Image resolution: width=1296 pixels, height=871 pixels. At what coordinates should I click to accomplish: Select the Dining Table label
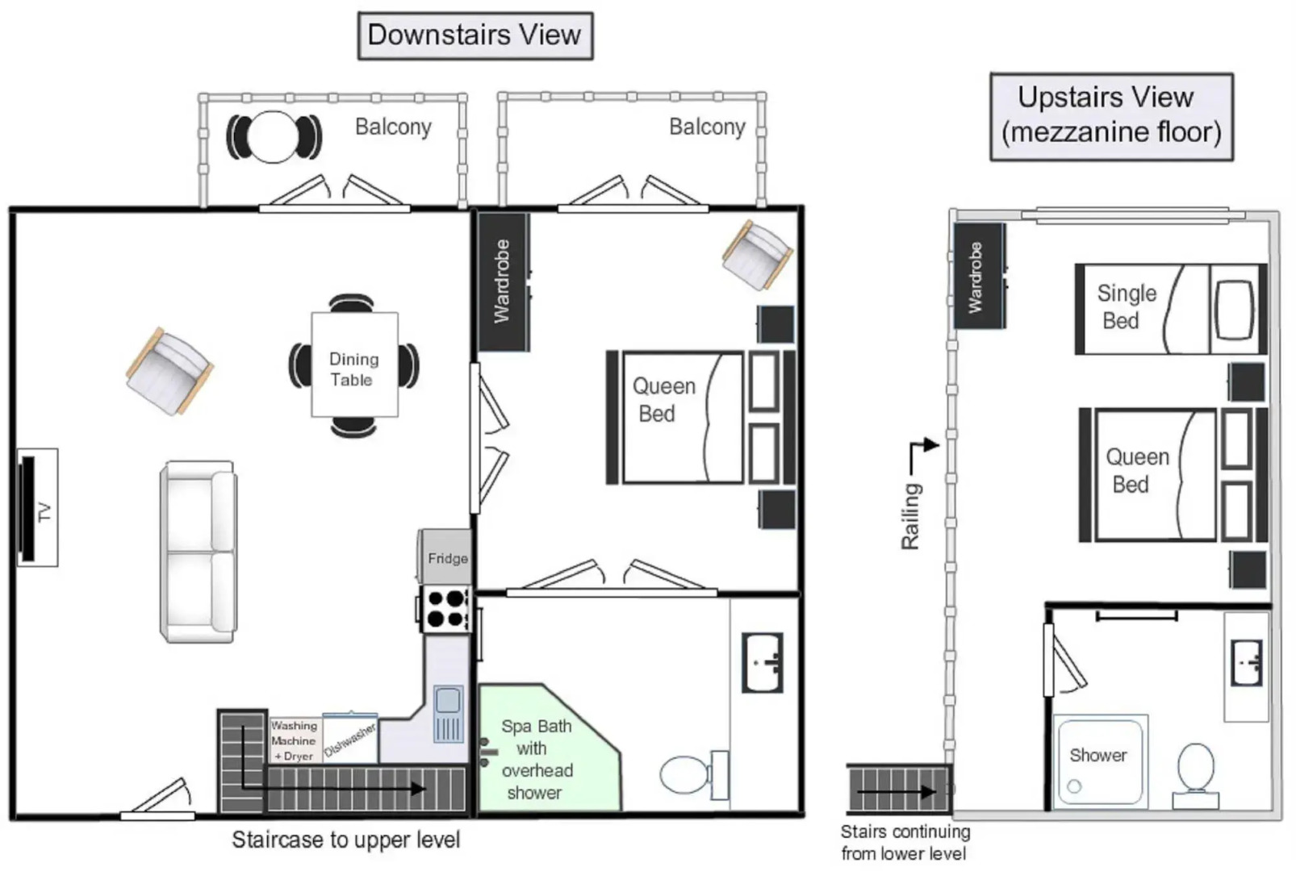(x=353, y=369)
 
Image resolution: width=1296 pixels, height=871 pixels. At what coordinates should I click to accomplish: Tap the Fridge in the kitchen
(x=445, y=557)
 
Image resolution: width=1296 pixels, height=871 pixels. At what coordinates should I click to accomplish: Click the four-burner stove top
(x=446, y=609)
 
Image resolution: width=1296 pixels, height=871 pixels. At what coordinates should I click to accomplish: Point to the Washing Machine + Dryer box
(x=295, y=740)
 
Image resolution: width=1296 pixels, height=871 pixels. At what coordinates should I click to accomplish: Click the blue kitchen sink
(x=449, y=715)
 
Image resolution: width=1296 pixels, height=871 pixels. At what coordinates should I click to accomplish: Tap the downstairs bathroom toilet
(x=694, y=775)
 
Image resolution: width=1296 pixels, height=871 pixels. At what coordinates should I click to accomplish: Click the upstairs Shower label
(x=1097, y=755)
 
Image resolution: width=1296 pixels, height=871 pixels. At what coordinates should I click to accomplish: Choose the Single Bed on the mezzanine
(x=1170, y=310)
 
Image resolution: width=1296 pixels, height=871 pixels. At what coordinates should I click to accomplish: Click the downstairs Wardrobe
(x=502, y=281)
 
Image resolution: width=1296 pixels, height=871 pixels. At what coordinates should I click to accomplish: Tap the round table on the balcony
(x=273, y=137)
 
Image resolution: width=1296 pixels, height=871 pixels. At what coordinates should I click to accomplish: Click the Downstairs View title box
(x=475, y=35)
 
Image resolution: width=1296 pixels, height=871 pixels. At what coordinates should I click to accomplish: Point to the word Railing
(x=911, y=516)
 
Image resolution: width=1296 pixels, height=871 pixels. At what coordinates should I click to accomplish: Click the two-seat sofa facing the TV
(x=199, y=552)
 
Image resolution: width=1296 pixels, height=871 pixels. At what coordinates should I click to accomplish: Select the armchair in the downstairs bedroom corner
(x=758, y=255)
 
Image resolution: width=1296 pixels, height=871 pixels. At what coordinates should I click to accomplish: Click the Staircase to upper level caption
(x=346, y=840)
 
